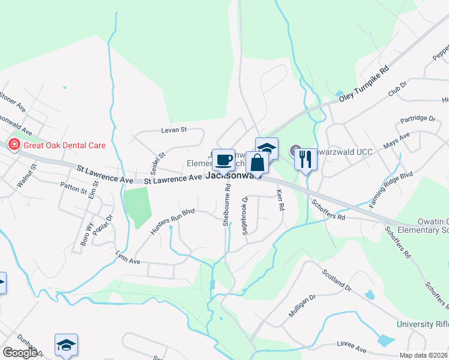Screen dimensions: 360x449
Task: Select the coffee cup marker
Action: [223, 160]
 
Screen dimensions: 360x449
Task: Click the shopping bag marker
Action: [257, 163]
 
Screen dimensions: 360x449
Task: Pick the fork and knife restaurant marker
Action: [306, 159]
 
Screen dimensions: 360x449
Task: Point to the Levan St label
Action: [174, 129]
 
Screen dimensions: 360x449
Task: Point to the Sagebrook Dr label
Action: [245, 216]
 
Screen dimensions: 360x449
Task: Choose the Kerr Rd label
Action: [279, 200]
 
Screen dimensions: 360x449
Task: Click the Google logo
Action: [20, 353]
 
